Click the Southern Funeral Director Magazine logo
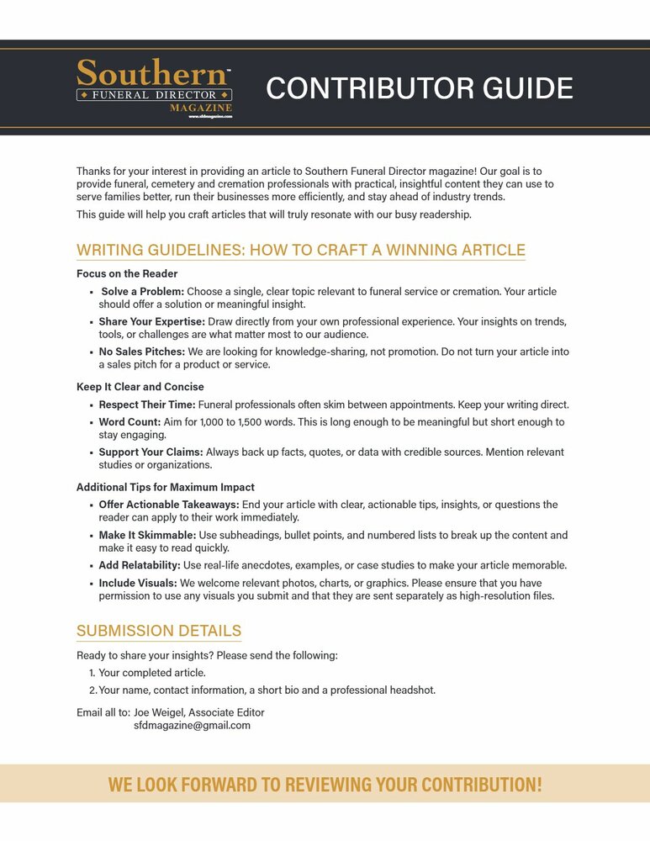[154, 87]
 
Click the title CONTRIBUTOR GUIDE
[420, 88]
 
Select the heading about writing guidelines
[300, 250]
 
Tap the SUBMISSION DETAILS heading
[159, 631]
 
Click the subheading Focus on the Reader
[127, 274]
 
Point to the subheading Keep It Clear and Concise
[140, 387]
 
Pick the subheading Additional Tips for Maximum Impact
[165, 487]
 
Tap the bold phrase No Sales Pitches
[142, 352]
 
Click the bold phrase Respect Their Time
[147, 405]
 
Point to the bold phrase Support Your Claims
[151, 452]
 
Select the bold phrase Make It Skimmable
[147, 535]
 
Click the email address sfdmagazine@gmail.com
[192, 726]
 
